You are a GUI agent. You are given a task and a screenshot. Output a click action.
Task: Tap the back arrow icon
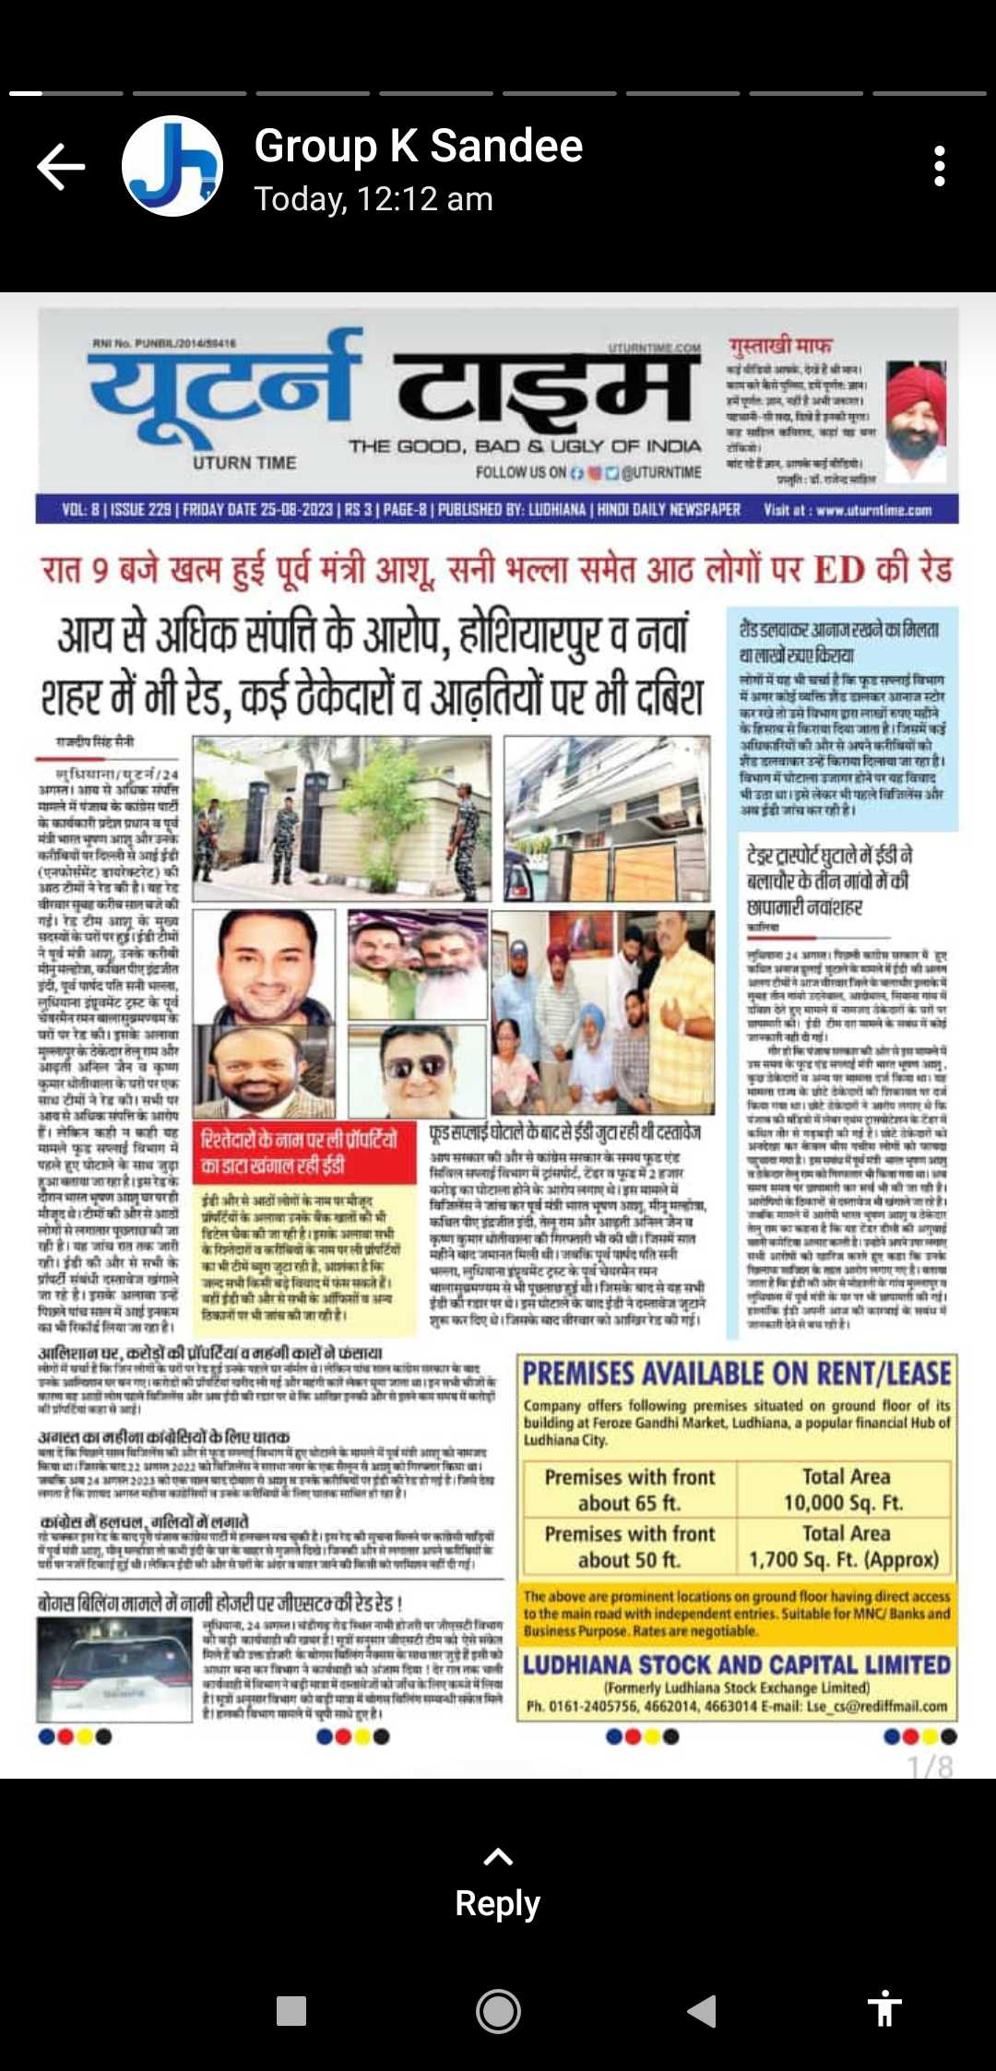pyautogui.click(x=61, y=167)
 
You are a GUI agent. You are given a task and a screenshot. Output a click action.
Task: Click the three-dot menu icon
pyautogui.click(x=939, y=167)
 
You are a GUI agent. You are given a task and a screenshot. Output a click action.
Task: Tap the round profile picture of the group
pyautogui.click(x=172, y=167)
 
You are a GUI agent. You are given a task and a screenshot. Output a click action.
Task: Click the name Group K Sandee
pyautogui.click(x=418, y=146)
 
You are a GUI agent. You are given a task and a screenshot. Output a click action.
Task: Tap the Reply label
pyautogui.click(x=497, y=1902)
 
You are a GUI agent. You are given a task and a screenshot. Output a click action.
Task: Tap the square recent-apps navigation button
pyautogui.click(x=291, y=2011)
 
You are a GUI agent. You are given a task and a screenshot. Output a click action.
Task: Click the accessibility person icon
pyautogui.click(x=883, y=2009)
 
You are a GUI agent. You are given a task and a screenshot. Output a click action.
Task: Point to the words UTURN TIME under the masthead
pyautogui.click(x=244, y=463)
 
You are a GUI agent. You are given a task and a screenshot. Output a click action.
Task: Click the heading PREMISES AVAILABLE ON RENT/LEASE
pyautogui.click(x=737, y=1374)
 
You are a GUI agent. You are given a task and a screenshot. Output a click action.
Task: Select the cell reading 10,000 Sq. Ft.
pyautogui.click(x=844, y=1502)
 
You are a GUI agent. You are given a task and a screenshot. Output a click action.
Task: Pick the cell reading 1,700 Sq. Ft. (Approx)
pyautogui.click(x=844, y=1559)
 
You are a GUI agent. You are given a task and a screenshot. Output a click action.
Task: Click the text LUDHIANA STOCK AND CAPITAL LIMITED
pyautogui.click(x=737, y=1664)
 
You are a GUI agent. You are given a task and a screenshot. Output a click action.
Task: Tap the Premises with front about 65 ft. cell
pyautogui.click(x=630, y=1489)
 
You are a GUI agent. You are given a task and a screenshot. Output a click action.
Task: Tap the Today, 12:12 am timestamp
pyautogui.click(x=373, y=199)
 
